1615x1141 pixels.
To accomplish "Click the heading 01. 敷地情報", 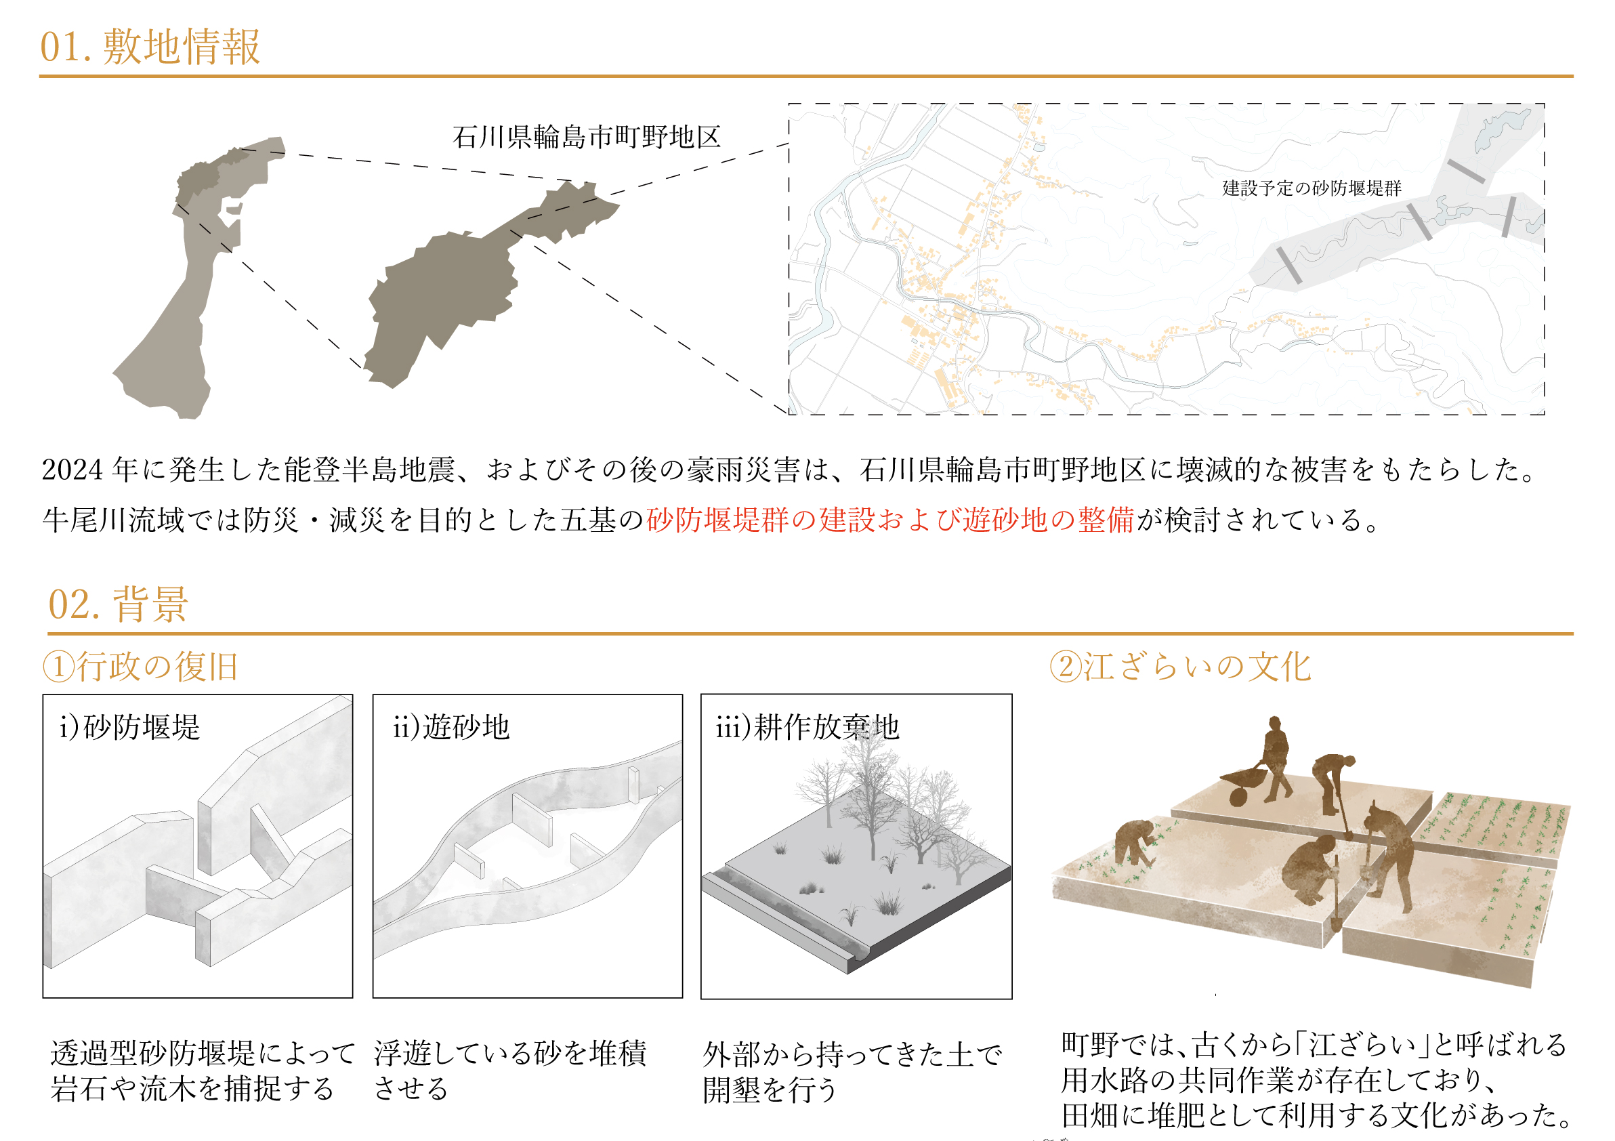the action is click(150, 47).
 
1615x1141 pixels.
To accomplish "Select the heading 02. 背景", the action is click(117, 604).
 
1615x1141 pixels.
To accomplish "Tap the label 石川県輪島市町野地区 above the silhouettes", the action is click(587, 136).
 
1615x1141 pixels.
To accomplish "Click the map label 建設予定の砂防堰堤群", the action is click(1311, 188).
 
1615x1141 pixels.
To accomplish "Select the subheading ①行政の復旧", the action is click(141, 666).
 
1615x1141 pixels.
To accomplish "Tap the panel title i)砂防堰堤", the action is click(130, 726).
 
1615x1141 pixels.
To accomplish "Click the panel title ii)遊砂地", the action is click(452, 726).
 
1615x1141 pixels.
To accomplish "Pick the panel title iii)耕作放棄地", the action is click(807, 726).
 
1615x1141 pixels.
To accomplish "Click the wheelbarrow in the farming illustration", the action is click(1243, 785).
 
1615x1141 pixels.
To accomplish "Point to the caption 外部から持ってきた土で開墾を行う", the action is click(852, 1072).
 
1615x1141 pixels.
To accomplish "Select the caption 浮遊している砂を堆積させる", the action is click(511, 1071).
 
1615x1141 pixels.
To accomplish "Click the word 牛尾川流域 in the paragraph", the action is click(113, 520).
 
